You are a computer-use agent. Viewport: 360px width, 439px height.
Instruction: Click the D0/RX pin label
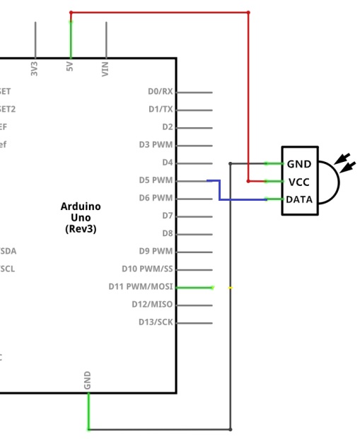159,92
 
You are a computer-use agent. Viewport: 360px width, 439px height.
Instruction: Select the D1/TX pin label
160,110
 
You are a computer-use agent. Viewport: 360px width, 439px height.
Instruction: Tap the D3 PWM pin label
156,145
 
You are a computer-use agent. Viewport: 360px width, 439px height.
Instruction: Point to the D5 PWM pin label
156,180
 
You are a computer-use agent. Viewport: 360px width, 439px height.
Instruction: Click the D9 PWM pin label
156,251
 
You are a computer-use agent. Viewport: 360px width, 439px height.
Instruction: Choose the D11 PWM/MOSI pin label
140,287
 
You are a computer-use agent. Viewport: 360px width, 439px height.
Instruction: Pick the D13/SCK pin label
155,322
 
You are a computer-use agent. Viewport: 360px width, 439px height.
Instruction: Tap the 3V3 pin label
35,69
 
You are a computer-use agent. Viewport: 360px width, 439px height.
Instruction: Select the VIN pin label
105,69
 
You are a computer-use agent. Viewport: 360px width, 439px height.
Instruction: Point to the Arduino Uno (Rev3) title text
81,218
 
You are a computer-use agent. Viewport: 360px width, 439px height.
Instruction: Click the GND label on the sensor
299,164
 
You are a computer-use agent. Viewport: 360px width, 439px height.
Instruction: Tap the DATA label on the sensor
299,200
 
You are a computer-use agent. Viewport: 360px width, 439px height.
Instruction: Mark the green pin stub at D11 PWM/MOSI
194,287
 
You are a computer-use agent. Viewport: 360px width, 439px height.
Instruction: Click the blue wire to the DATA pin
240,200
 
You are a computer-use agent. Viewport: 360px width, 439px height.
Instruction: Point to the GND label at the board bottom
88,380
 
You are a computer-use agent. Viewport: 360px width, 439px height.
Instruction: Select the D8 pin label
167,233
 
